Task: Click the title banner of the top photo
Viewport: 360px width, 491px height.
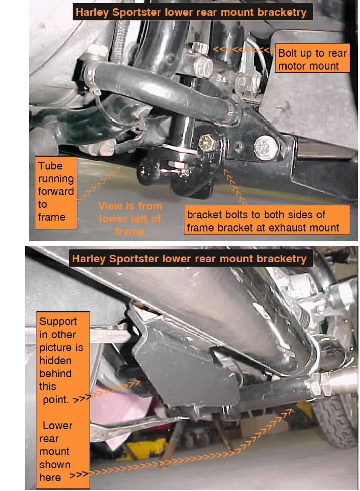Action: point(193,12)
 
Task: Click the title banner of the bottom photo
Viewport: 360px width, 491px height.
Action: point(190,259)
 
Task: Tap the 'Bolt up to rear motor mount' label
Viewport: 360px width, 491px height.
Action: point(312,59)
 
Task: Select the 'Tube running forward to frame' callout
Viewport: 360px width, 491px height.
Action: point(56,192)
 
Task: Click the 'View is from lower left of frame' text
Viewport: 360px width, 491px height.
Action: point(130,219)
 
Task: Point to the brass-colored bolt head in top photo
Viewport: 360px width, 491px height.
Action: point(206,142)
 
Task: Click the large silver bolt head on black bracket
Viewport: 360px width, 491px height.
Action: point(266,147)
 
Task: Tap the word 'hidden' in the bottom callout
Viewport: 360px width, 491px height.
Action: point(55,360)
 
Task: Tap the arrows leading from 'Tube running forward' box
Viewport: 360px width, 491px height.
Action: point(99,184)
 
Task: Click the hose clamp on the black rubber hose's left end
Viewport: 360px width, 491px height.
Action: point(91,77)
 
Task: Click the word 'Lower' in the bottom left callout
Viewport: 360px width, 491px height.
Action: point(57,425)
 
